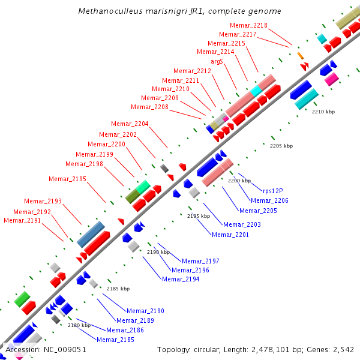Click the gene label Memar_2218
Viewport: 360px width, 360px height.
[248, 25]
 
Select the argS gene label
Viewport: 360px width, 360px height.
[217, 61]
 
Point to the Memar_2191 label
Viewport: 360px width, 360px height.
[22, 220]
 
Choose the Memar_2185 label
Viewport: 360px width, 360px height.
[115, 340]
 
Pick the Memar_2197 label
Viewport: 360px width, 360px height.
[200, 261]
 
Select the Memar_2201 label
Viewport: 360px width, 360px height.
[230, 235]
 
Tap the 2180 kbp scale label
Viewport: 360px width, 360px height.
[79, 325]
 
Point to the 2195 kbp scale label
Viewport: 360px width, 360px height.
[199, 216]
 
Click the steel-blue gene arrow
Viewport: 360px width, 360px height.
[91, 230]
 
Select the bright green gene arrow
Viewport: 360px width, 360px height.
[22, 298]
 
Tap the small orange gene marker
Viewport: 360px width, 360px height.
[300, 56]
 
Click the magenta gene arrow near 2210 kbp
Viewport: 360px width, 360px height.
[332, 79]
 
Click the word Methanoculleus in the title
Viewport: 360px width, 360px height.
[106, 11]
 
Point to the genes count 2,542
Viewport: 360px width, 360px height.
[343, 349]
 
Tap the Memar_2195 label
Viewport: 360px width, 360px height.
[67, 179]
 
